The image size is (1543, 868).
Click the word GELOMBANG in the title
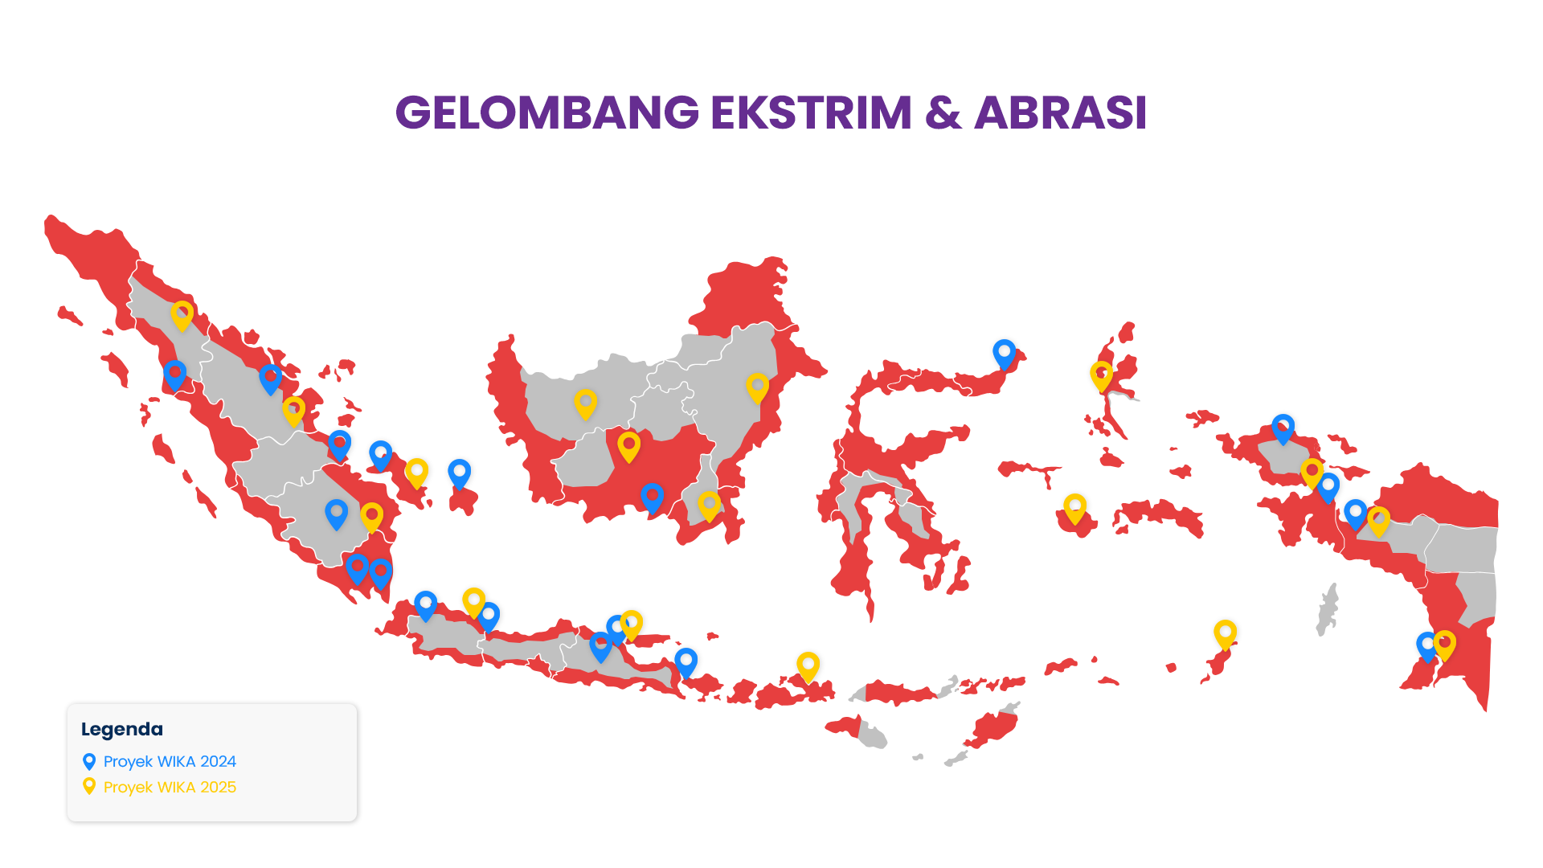(546, 113)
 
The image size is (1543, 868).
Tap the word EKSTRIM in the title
(811, 113)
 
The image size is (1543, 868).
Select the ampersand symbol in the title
(943, 113)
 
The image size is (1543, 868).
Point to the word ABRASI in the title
(1060, 113)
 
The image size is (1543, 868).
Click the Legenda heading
(122, 729)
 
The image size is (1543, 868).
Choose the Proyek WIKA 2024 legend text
(170, 761)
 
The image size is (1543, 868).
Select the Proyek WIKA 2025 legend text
(170, 787)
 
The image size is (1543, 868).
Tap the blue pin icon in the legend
(89, 761)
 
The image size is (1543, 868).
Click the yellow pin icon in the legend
(89, 786)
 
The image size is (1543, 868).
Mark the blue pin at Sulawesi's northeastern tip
(1004, 353)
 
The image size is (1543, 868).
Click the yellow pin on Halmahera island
(1101, 375)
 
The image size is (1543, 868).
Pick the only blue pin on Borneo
(652, 497)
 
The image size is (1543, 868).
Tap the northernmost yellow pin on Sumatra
(182, 314)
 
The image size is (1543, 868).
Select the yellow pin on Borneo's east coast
(757, 387)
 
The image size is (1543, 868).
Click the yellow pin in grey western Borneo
(585, 403)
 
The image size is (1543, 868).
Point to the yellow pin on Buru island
(1074, 507)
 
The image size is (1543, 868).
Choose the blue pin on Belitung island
(459, 473)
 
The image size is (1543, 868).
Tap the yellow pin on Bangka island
(416, 472)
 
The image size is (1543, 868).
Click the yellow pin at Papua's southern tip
(1444, 644)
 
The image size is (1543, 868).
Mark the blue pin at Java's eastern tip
(686, 661)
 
